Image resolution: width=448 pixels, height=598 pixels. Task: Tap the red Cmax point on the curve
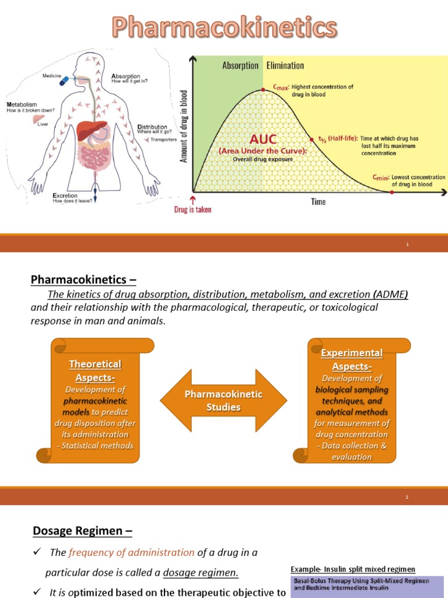click(x=264, y=89)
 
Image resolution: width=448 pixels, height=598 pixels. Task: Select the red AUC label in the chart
click(x=262, y=140)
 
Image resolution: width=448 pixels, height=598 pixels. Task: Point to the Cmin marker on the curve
click(x=391, y=192)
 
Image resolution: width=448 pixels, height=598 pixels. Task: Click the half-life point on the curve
click(x=313, y=139)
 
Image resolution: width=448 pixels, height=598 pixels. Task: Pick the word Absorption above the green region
click(x=240, y=65)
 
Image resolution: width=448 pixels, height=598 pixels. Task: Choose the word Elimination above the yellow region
click(x=285, y=65)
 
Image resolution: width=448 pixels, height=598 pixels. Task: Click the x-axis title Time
click(x=318, y=202)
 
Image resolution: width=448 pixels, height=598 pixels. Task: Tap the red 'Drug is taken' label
click(x=193, y=210)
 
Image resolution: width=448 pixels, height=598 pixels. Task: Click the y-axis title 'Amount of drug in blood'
click(x=184, y=126)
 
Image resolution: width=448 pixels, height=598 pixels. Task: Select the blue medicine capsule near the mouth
click(x=64, y=81)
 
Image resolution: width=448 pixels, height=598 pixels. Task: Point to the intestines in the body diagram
click(x=95, y=157)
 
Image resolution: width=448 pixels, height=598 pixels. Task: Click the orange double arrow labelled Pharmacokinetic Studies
click(x=223, y=401)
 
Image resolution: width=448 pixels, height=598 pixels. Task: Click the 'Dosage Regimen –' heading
click(x=82, y=531)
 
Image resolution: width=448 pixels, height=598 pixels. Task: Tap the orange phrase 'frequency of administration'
click(x=131, y=552)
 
